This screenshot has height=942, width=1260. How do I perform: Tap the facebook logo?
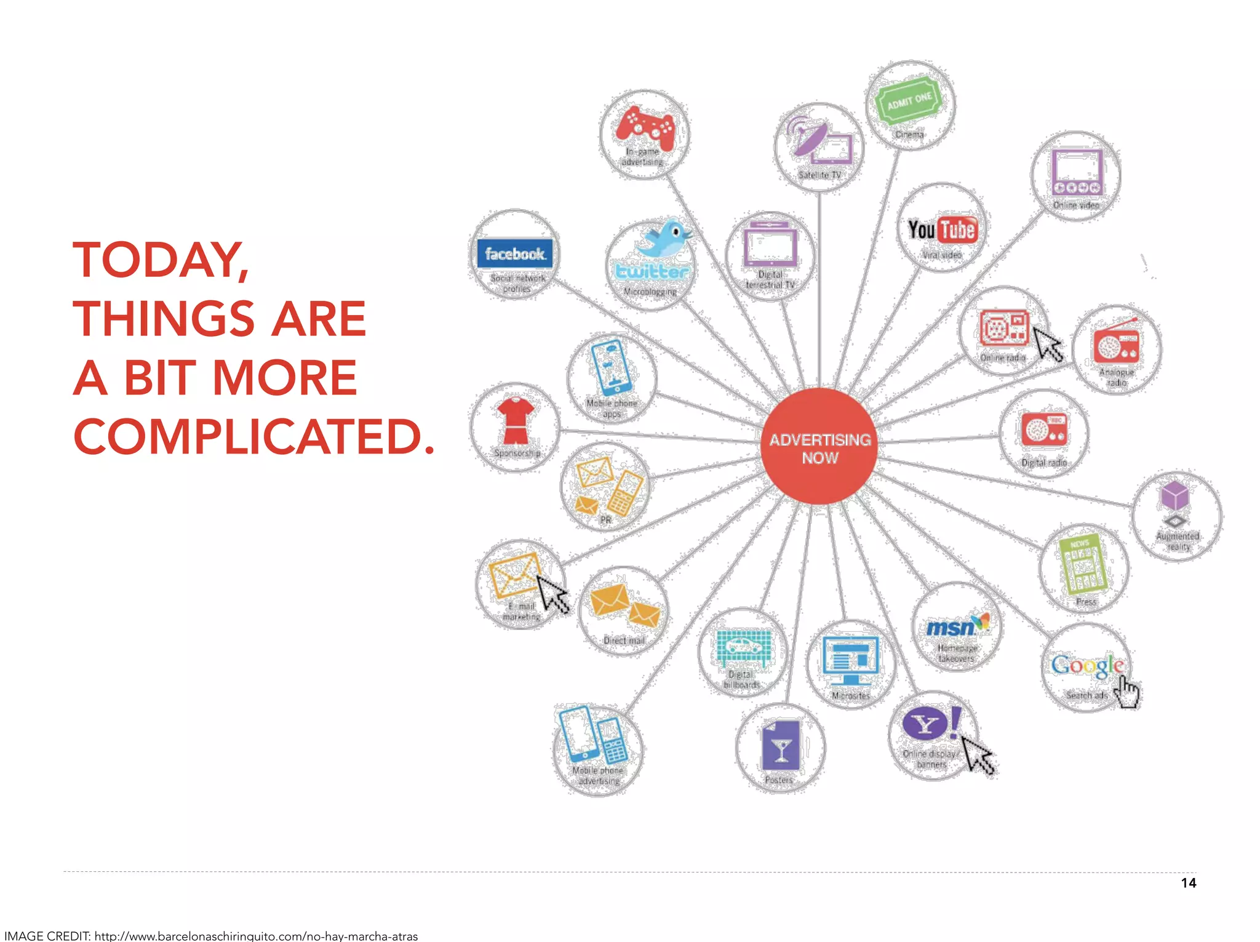pyautogui.click(x=515, y=253)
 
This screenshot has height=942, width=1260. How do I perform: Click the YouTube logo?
pyautogui.click(x=941, y=230)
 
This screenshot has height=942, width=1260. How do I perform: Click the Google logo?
pyautogui.click(x=1086, y=665)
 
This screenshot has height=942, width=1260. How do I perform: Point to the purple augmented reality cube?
pyautogui.click(x=1174, y=495)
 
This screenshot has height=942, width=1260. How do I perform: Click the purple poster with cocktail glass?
pyautogui.click(x=781, y=745)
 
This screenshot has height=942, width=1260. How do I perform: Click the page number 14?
pyautogui.click(x=1188, y=883)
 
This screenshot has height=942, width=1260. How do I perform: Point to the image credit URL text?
pyautogui.click(x=256, y=936)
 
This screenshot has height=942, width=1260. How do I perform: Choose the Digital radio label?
pyautogui.click(x=1044, y=462)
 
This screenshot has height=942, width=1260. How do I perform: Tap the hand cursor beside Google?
pyautogui.click(x=1127, y=692)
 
